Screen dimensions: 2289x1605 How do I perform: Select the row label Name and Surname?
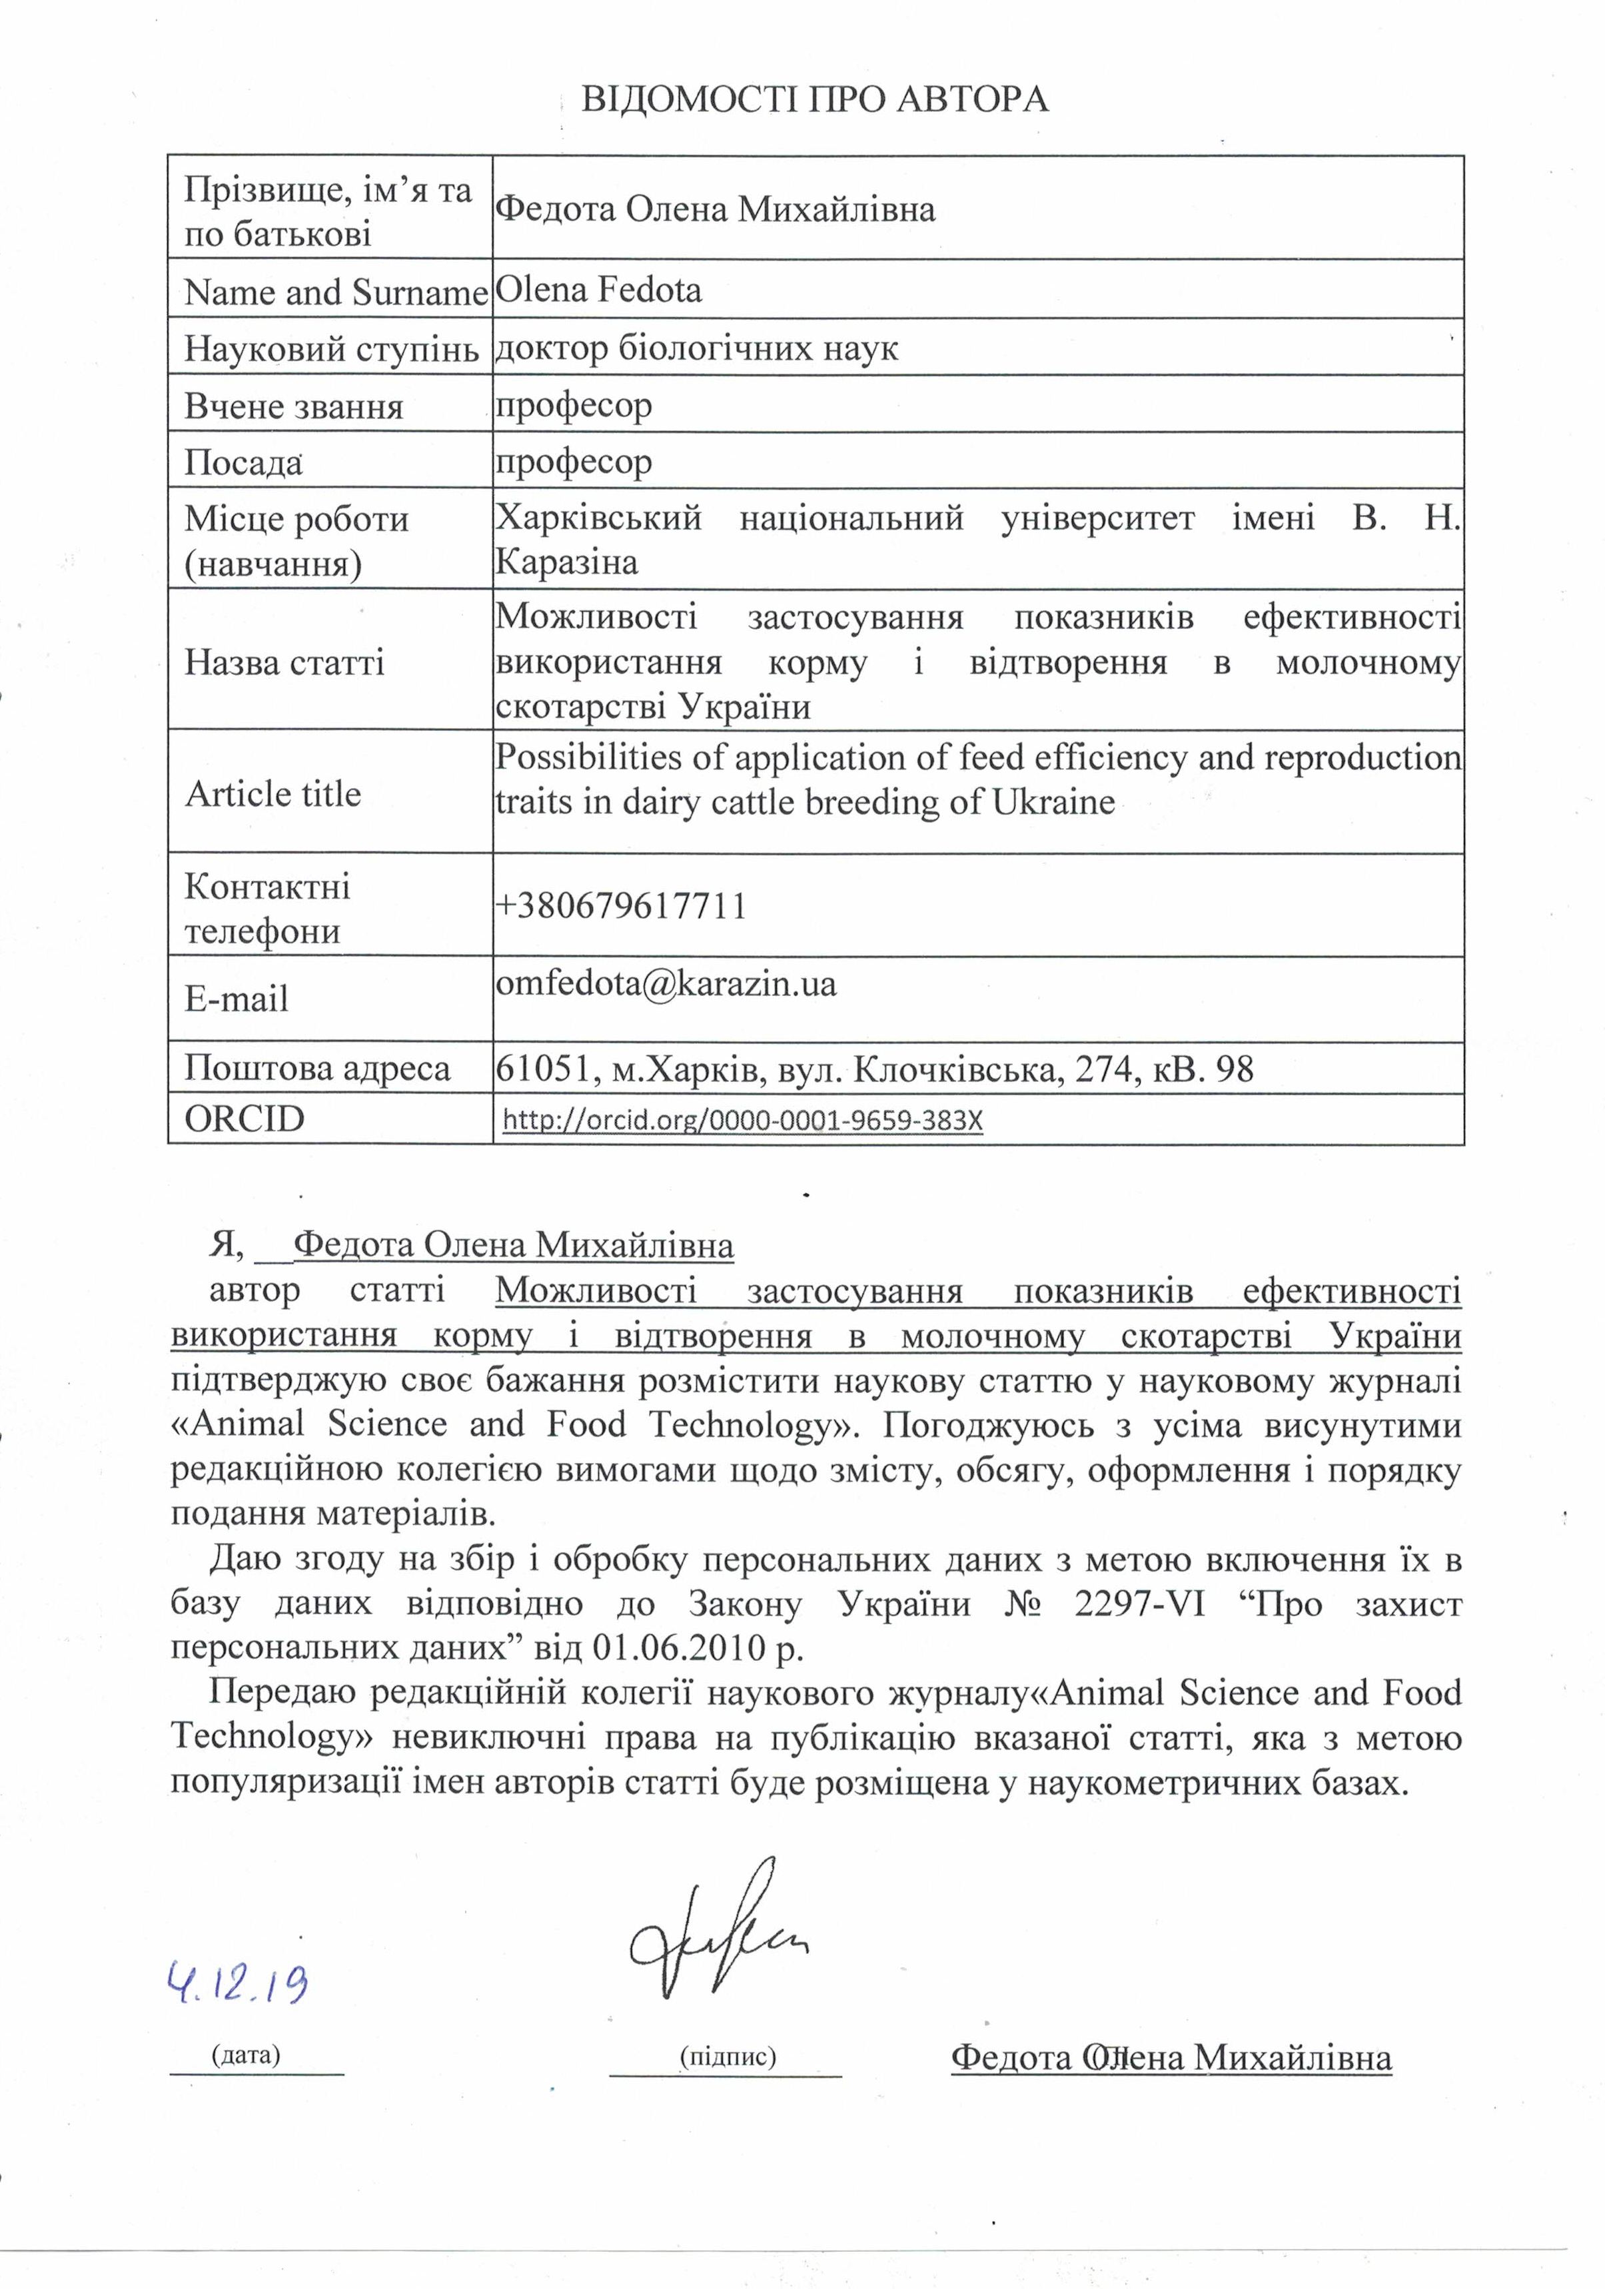pos(335,292)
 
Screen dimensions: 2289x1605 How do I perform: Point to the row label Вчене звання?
pos(294,406)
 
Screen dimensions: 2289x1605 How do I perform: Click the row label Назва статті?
pos(284,663)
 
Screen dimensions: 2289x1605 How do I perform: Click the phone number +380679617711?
pos(621,906)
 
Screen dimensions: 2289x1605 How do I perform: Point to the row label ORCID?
pos(245,1119)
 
